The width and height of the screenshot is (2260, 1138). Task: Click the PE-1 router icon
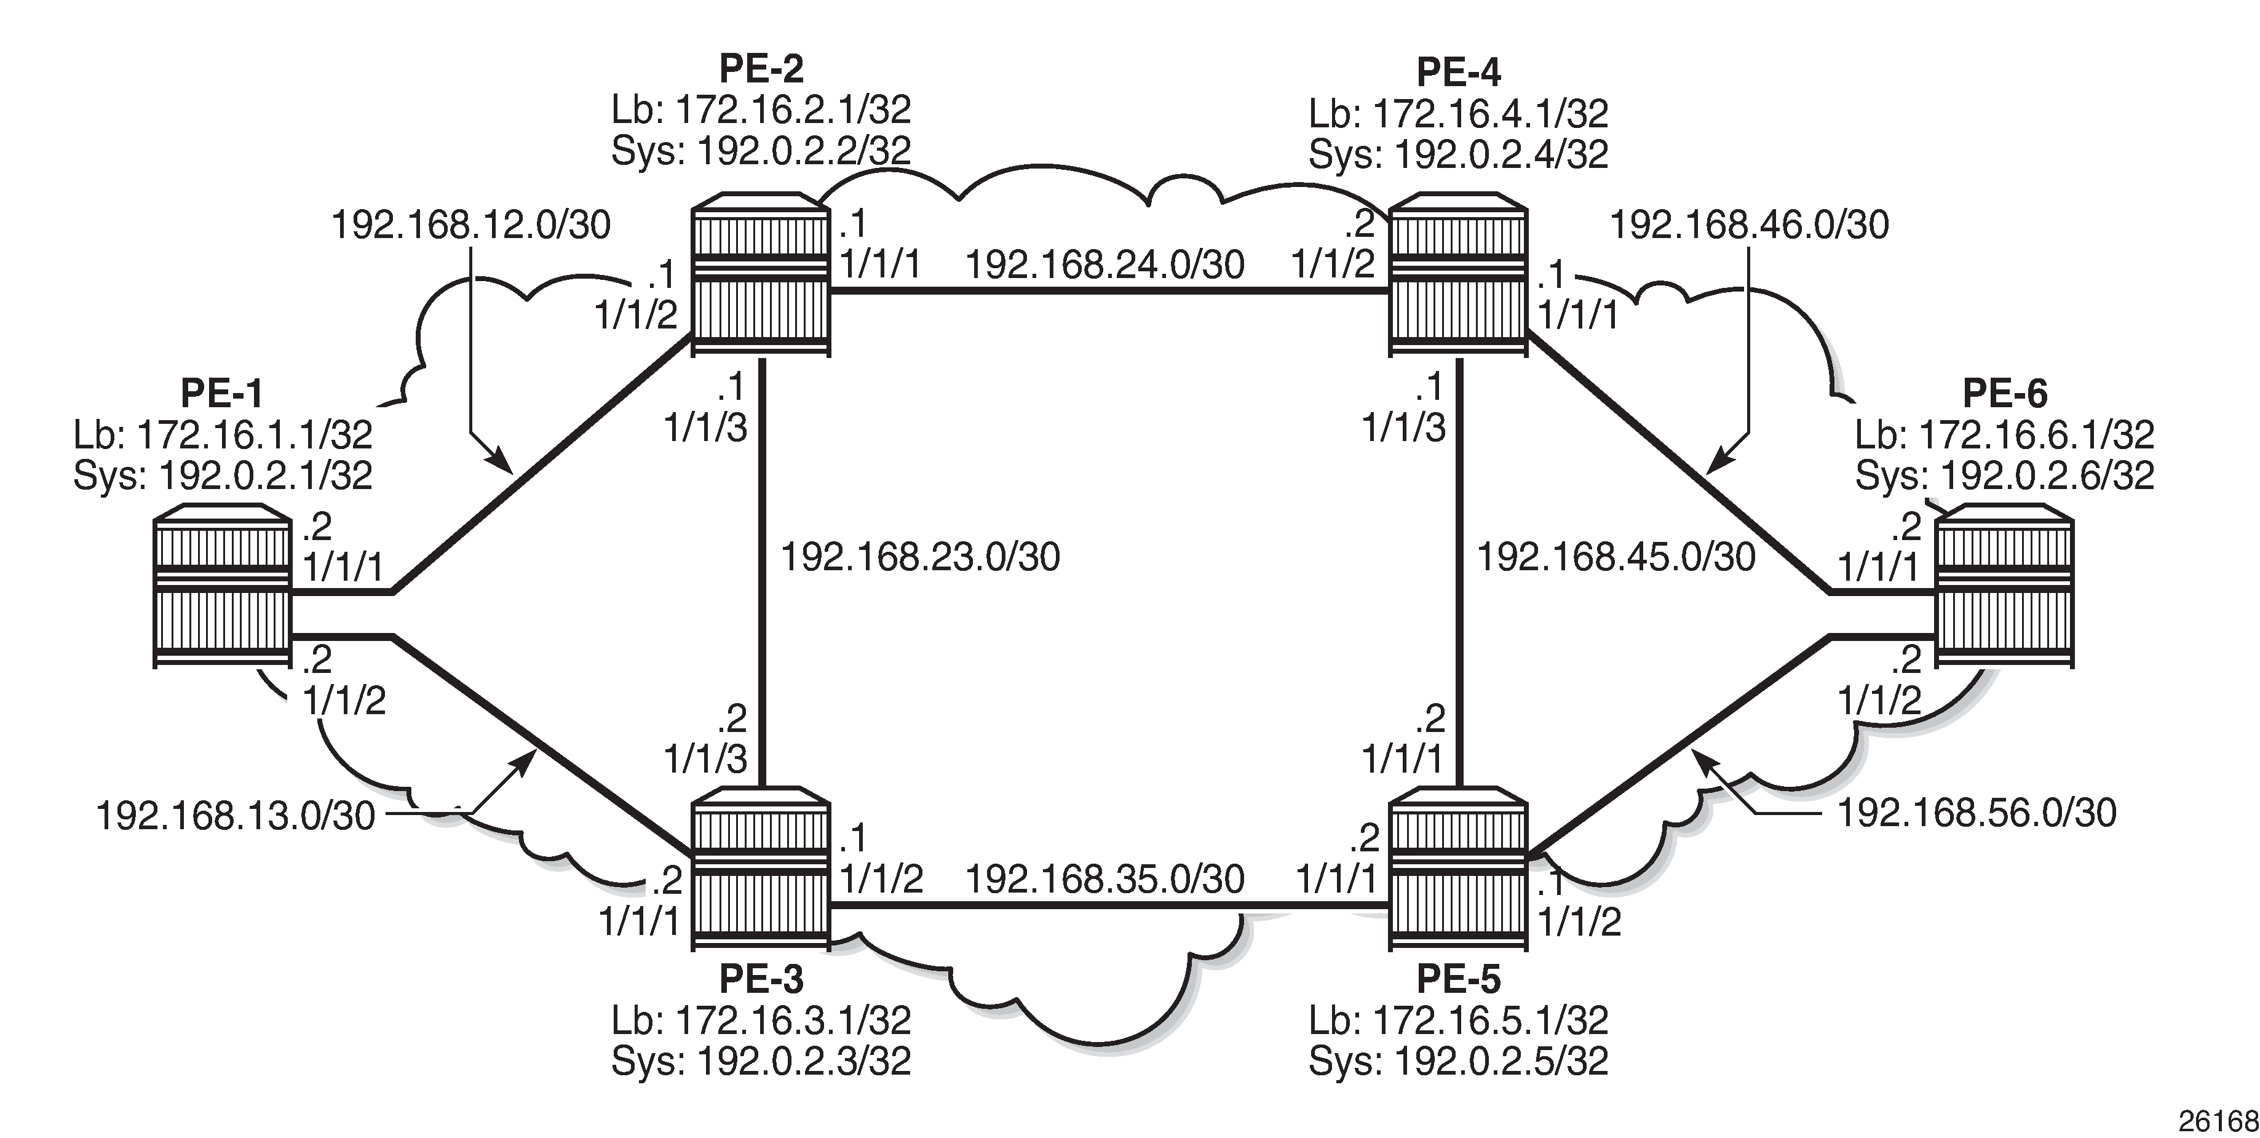pyautogui.click(x=222, y=586)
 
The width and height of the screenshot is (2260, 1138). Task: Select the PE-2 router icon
pyautogui.click(x=759, y=274)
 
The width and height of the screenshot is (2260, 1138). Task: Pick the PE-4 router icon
pyautogui.click(x=1458, y=274)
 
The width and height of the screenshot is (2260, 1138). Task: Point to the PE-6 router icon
pyautogui.click(x=2005, y=586)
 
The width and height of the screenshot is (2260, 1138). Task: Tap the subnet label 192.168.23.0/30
pyautogui.click(x=921, y=557)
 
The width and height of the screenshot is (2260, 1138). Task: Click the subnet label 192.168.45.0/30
pyautogui.click(x=1617, y=557)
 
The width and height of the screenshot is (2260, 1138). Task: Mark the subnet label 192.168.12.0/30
pyautogui.click(x=471, y=226)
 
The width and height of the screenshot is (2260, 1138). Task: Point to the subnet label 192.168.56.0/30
pyautogui.click(x=1977, y=813)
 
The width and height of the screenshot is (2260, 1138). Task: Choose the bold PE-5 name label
pyautogui.click(x=1458, y=977)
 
